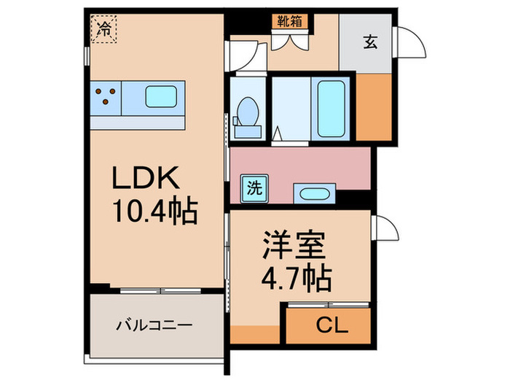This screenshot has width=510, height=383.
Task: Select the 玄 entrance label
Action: point(371,42)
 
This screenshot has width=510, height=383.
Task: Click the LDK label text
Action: point(143,179)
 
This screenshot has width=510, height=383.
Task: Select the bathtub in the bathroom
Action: point(332,107)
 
